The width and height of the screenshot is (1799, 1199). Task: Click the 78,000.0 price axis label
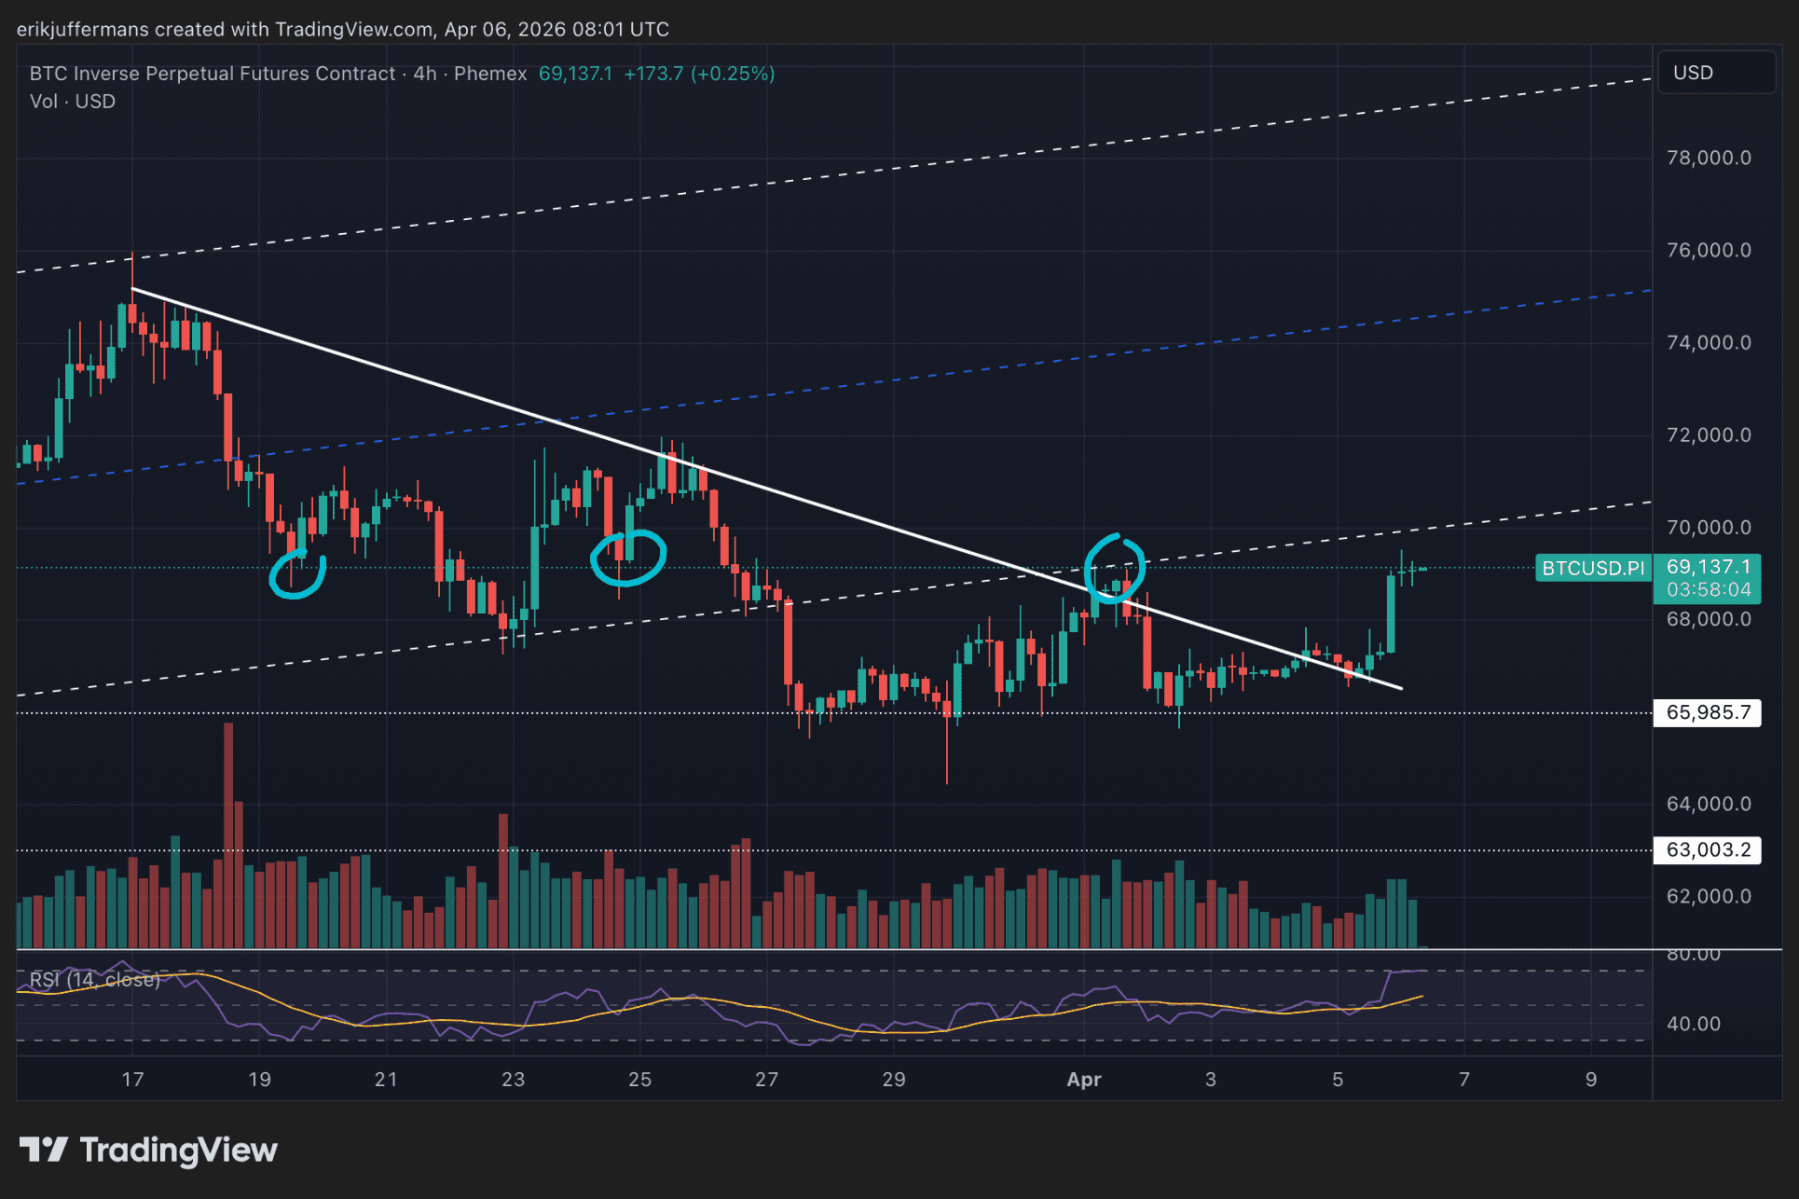pyautogui.click(x=1708, y=158)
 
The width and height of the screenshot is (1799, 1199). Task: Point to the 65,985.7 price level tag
pyautogui.click(x=1707, y=713)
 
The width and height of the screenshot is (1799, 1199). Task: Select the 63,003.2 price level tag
pyautogui.click(x=1707, y=850)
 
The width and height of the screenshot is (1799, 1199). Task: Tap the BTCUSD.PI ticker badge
pyautogui.click(x=1593, y=568)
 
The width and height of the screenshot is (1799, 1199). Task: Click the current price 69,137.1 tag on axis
pyautogui.click(x=1708, y=567)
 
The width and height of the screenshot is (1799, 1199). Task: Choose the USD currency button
pyautogui.click(x=1693, y=73)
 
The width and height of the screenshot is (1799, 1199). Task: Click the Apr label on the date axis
pyautogui.click(x=1083, y=1080)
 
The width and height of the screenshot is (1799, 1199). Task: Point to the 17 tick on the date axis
pyautogui.click(x=132, y=1080)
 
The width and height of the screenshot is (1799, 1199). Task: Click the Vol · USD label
pyautogui.click(x=73, y=102)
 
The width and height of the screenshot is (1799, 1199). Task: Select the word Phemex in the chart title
pyautogui.click(x=490, y=74)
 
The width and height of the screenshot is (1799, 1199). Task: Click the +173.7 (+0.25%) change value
pyautogui.click(x=699, y=74)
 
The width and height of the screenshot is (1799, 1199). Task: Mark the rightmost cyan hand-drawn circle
pyautogui.click(x=1114, y=568)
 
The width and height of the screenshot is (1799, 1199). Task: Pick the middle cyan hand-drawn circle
pyautogui.click(x=628, y=558)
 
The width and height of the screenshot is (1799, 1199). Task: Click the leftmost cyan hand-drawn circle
pyautogui.click(x=297, y=574)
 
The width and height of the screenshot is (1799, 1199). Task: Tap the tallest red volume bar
pyautogui.click(x=228, y=834)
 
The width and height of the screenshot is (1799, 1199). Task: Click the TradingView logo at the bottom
pyautogui.click(x=149, y=1150)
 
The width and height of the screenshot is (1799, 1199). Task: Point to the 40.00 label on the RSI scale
pyautogui.click(x=1693, y=1024)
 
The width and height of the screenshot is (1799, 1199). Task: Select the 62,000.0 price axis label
pyautogui.click(x=1708, y=897)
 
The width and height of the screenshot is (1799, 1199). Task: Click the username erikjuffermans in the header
pyautogui.click(x=82, y=29)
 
